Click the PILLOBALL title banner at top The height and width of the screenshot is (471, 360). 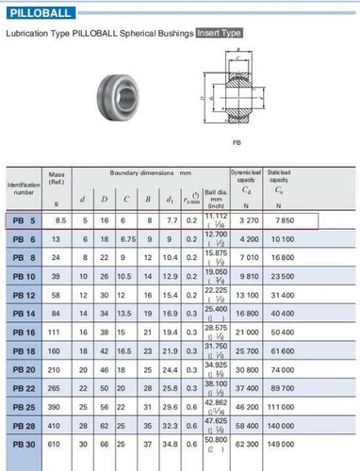[x=41, y=11]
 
